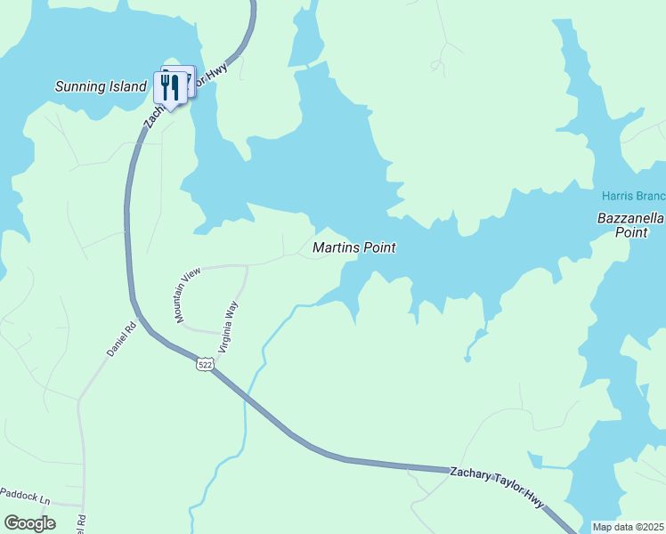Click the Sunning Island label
pos(101,86)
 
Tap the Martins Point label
pos(353,248)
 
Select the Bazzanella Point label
pos(629,224)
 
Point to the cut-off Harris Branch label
pos(633,195)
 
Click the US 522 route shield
pos(206,365)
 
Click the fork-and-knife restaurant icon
pos(169,86)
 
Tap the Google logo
pos(29,522)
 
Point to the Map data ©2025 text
pos(627,527)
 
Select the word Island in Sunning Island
pos(127,86)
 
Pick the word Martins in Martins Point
pos(335,248)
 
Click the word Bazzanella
pos(630,217)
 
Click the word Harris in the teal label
pos(616,195)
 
